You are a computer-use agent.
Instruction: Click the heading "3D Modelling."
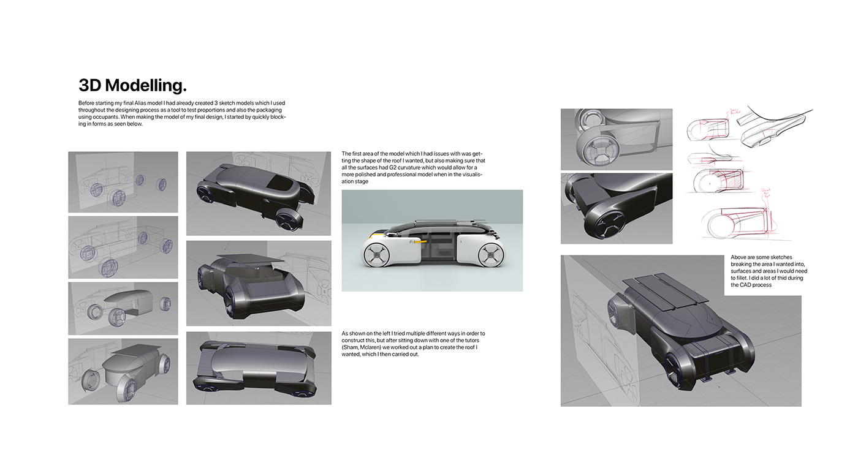pyautogui.click(x=132, y=85)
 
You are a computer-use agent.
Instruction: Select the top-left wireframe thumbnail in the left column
pyautogui.click(x=123, y=182)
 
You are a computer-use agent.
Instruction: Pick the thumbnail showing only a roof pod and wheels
pyautogui.click(x=123, y=308)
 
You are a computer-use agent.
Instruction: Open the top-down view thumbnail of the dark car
pyautogui.click(x=258, y=368)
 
